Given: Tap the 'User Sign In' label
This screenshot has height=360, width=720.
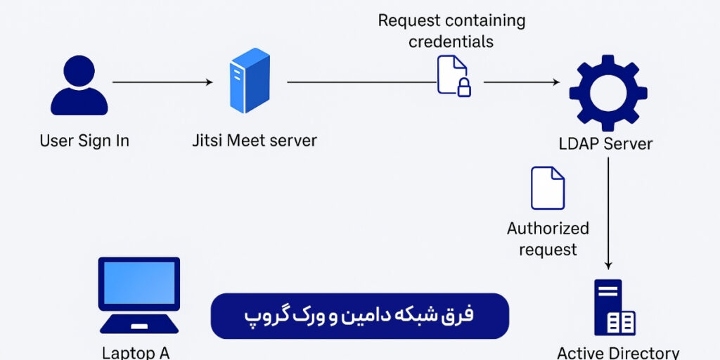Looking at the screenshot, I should [x=84, y=141].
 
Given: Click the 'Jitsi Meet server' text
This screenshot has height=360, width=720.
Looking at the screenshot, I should [x=255, y=141].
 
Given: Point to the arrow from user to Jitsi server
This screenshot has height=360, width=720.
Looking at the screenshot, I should [x=162, y=82].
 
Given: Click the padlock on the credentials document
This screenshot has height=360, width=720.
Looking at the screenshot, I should [x=464, y=87].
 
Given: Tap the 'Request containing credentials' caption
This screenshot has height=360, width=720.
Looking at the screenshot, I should [x=451, y=31].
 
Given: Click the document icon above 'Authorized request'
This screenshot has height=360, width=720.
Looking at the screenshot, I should [x=548, y=188].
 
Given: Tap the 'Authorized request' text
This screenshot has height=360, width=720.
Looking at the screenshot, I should [x=548, y=239].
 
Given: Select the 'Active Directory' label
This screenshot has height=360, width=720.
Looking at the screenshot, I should [x=618, y=352].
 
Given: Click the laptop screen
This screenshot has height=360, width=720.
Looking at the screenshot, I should [x=139, y=283].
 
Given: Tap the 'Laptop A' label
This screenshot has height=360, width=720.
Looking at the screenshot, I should [x=136, y=352].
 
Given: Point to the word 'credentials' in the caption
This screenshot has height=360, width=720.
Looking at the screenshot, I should [x=451, y=41].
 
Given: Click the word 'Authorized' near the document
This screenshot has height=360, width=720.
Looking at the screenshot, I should [x=548, y=229].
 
